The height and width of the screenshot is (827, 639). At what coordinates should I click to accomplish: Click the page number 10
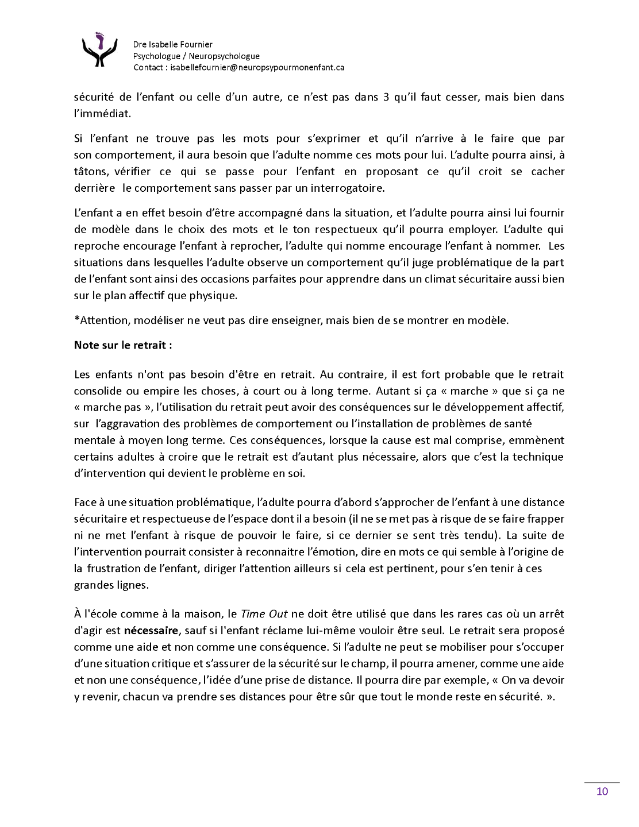(602, 791)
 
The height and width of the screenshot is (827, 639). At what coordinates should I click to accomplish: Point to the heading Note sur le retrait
(123, 346)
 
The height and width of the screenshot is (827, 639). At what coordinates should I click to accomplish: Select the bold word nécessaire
(151, 631)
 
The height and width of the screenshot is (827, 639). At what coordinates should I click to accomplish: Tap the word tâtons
(91, 171)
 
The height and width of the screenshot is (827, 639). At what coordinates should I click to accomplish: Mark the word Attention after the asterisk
(101, 320)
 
